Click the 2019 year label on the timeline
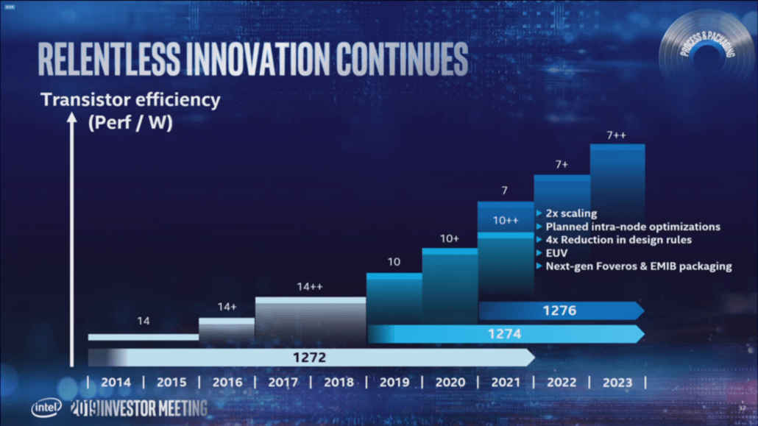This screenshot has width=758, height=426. click(x=394, y=383)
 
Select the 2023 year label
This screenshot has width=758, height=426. click(x=617, y=383)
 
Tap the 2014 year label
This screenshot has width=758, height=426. click(x=115, y=383)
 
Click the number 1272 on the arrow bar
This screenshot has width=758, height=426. click(x=311, y=358)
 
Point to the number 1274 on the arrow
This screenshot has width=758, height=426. click(x=505, y=334)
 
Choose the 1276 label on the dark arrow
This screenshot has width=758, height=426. click(x=560, y=311)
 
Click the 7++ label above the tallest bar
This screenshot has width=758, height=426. click(x=617, y=136)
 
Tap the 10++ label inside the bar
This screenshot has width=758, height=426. click(x=506, y=220)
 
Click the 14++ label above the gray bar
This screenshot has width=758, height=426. click(x=311, y=288)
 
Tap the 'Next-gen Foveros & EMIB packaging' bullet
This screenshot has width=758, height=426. click(x=638, y=266)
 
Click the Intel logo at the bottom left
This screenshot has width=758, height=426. click(x=46, y=408)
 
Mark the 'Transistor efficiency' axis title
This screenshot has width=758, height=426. click(x=130, y=100)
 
